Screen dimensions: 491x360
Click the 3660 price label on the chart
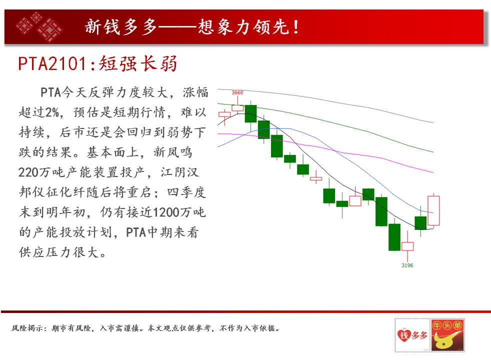pyautogui.click(x=237, y=92)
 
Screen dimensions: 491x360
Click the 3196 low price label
pyautogui.click(x=407, y=265)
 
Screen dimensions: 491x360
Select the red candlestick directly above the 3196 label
pyautogui.click(x=407, y=246)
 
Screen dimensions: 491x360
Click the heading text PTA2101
pyautogui.click(x=52, y=64)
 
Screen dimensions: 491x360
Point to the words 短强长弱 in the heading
pyautogui.click(x=138, y=63)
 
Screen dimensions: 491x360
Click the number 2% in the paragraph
pyautogui.click(x=52, y=112)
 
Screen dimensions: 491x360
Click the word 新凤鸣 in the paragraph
pyautogui.click(x=172, y=152)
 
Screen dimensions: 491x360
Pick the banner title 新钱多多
pyautogui.click(x=120, y=26)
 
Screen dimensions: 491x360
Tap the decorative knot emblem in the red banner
pyautogui.click(x=39, y=26)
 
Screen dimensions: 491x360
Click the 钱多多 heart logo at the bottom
pyautogui.click(x=412, y=335)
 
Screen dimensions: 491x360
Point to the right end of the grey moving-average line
pyautogui.click(x=433, y=122)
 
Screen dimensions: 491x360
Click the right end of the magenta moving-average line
pyautogui.click(x=433, y=172)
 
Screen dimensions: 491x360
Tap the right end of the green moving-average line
pyautogui.click(x=433, y=152)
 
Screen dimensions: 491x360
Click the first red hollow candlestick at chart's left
pyautogui.click(x=224, y=114)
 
